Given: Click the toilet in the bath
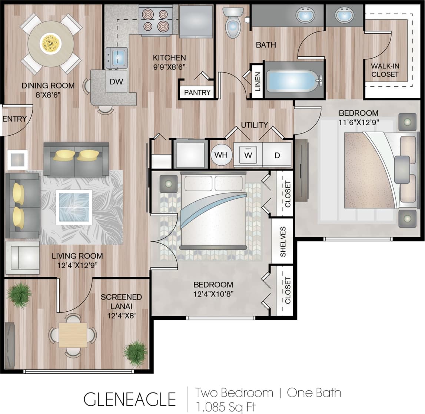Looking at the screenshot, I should [233, 24].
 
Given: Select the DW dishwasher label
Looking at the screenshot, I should [116, 82].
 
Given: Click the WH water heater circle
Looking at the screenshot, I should [221, 155].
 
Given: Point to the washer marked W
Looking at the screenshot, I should [248, 155].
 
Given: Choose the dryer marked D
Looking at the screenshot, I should [277, 155].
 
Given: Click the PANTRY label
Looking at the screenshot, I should [197, 92].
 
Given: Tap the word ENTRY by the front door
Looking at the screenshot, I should [14, 119].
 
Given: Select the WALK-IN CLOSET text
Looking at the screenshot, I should [385, 70].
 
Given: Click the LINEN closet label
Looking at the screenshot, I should [258, 82].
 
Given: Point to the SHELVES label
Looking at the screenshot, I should [283, 242].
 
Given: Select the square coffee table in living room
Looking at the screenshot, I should [74, 207].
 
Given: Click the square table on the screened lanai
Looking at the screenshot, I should [73, 335].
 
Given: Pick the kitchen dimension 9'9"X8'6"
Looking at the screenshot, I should [169, 67].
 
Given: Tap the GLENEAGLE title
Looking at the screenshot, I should [129, 399].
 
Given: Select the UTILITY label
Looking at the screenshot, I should [254, 125].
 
